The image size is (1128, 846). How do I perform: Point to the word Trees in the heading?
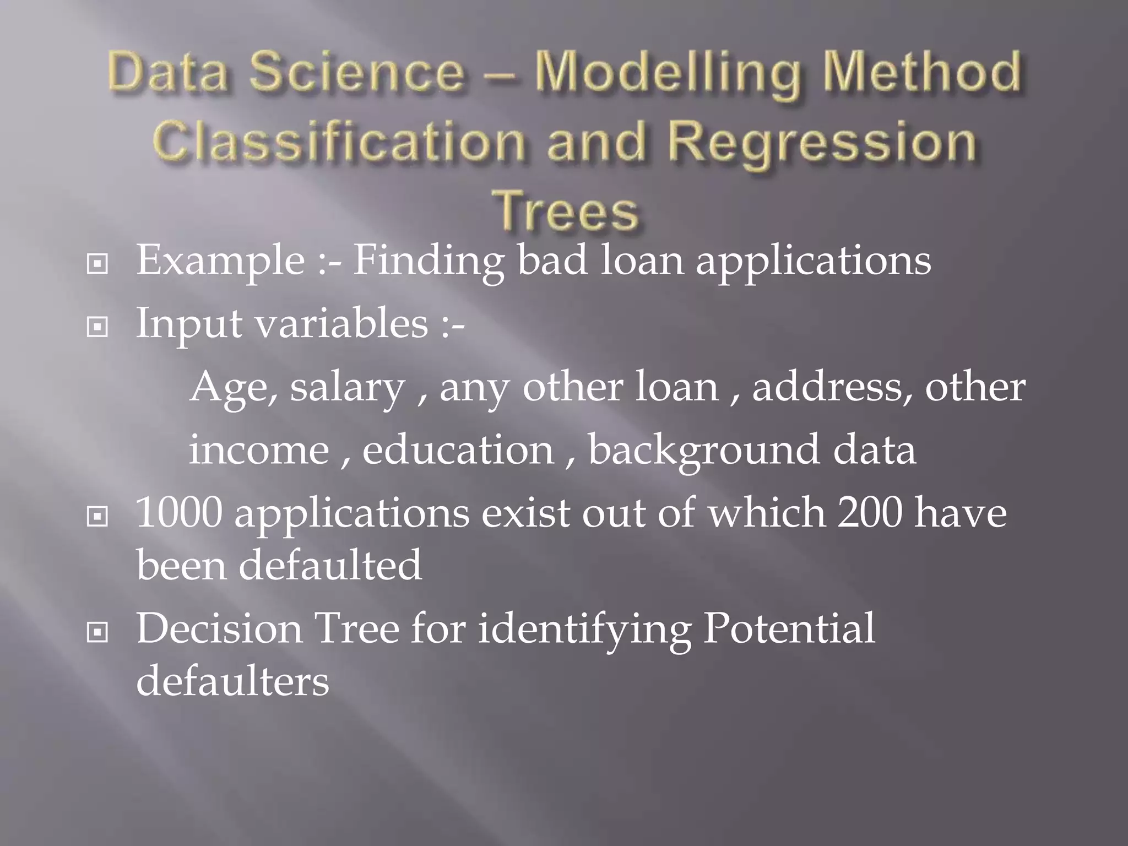pos(566,211)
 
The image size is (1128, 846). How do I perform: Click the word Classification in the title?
pos(338,142)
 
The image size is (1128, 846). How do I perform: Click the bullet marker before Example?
pos(97,265)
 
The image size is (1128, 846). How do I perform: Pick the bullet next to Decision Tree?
pos(97,633)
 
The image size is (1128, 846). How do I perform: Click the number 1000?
pos(178,513)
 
